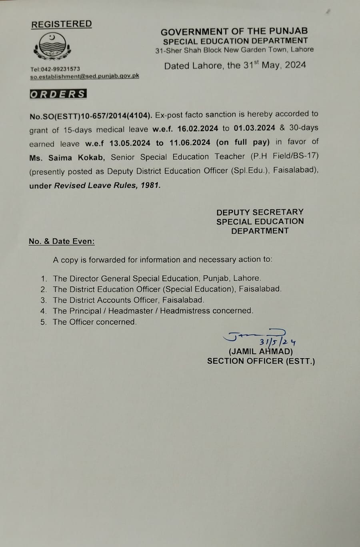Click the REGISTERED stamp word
62,24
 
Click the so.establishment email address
84,76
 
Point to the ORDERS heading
58,94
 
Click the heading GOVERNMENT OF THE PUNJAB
234,31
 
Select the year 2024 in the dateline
296,65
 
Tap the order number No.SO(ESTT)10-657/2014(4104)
90,116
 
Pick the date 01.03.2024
254,128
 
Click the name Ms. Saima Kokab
67,158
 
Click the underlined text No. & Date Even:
62,241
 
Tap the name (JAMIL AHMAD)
260,352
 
